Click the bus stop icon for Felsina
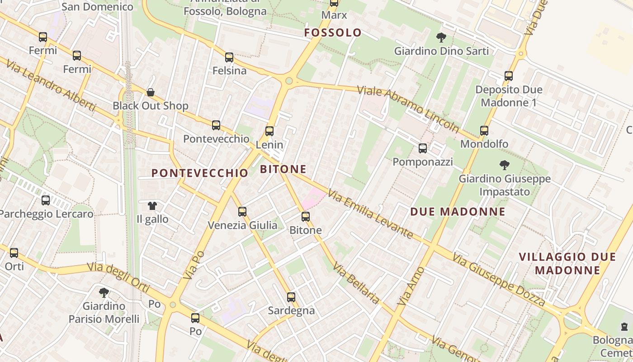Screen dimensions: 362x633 pos(229,57)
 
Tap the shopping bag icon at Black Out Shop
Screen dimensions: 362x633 pos(151,93)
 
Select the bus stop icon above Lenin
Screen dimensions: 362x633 pos(269,131)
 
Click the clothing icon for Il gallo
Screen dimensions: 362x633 pos(152,206)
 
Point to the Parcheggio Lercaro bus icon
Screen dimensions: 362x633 pos(46,200)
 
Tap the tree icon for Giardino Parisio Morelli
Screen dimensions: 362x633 pos(104,293)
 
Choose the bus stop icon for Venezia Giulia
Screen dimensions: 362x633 pos(242,211)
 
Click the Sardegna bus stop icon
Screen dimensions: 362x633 pos(291,297)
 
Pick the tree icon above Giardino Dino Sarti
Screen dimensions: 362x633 pos(441,38)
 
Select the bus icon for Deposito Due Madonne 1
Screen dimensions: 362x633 pos(509,76)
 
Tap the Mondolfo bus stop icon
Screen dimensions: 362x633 pos(484,131)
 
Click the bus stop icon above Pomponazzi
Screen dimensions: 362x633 pos(423,148)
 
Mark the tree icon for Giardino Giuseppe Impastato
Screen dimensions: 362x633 pos(505,165)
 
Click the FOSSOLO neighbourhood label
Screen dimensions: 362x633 pos(333,33)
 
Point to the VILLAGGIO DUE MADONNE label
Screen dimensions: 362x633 pos(567,263)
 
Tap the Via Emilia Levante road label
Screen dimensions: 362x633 pos(371,214)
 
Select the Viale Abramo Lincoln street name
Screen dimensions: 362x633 pos(408,109)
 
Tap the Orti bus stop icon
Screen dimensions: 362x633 pos(14,253)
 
